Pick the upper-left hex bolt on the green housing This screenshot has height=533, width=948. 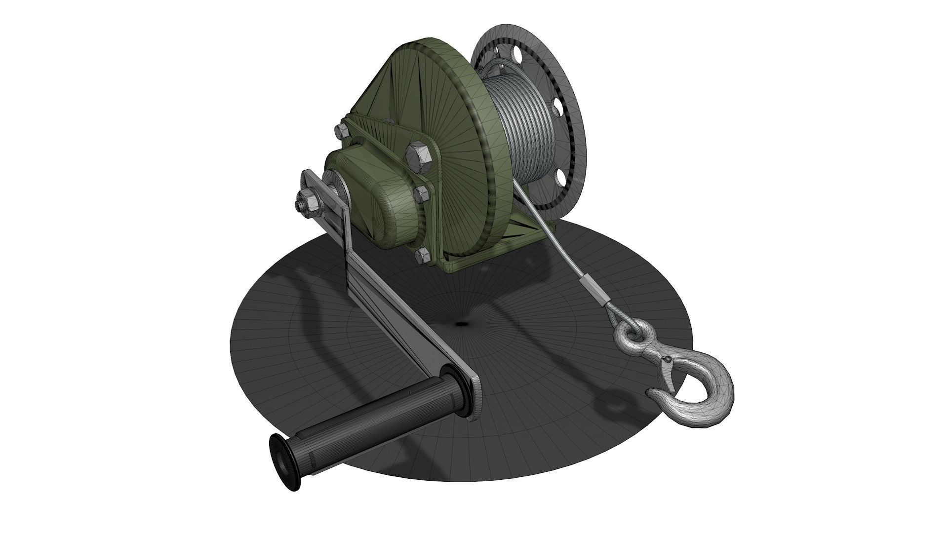pyautogui.click(x=342, y=131)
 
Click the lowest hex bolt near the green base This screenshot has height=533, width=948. pyautogui.click(x=423, y=255)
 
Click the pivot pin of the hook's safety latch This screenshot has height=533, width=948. pyautogui.click(x=667, y=361)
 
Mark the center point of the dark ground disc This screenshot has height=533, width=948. pyautogui.click(x=462, y=324)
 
